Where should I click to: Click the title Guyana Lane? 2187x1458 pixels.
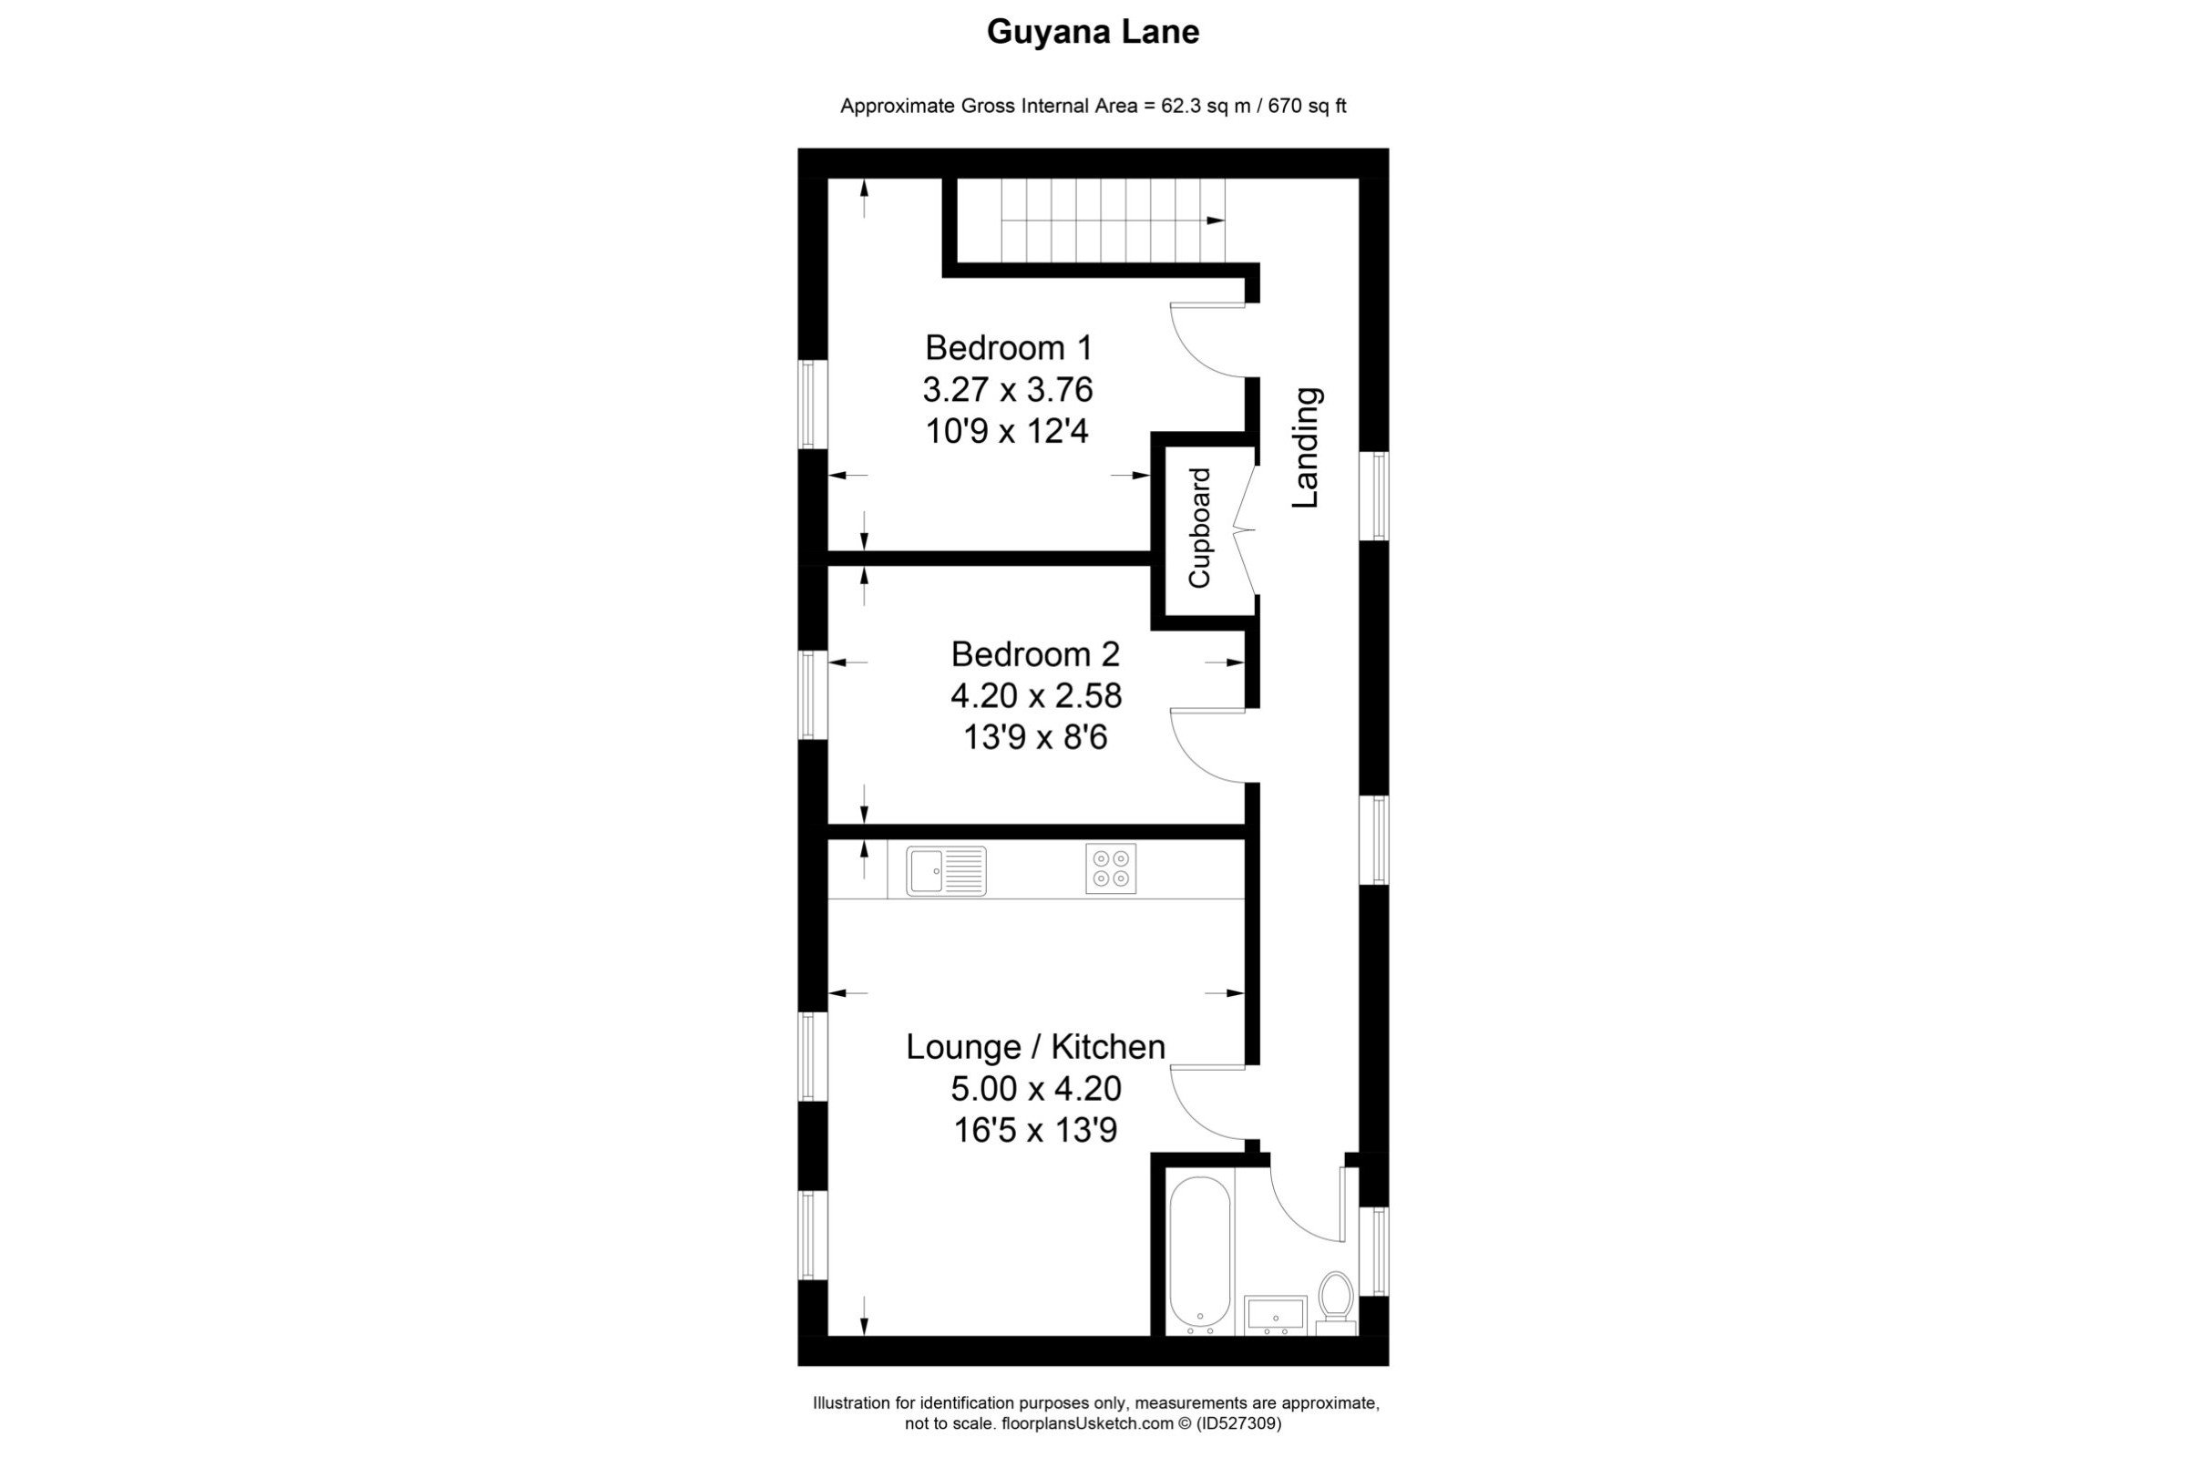[1093, 33]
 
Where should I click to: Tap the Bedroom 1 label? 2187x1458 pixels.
[1008, 348]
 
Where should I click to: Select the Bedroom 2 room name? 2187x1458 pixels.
[1035, 654]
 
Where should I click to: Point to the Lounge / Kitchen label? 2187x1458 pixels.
[1036, 1047]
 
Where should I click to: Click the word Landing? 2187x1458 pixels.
[1307, 447]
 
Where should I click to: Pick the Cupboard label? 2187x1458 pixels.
[1199, 529]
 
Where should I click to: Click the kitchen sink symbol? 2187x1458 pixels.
[946, 870]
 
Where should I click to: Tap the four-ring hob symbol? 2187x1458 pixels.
[1110, 868]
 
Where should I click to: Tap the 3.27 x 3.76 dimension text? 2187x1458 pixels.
[1008, 390]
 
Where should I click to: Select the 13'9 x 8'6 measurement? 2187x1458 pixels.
[1035, 738]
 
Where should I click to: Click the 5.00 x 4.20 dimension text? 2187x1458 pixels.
[1036, 1088]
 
